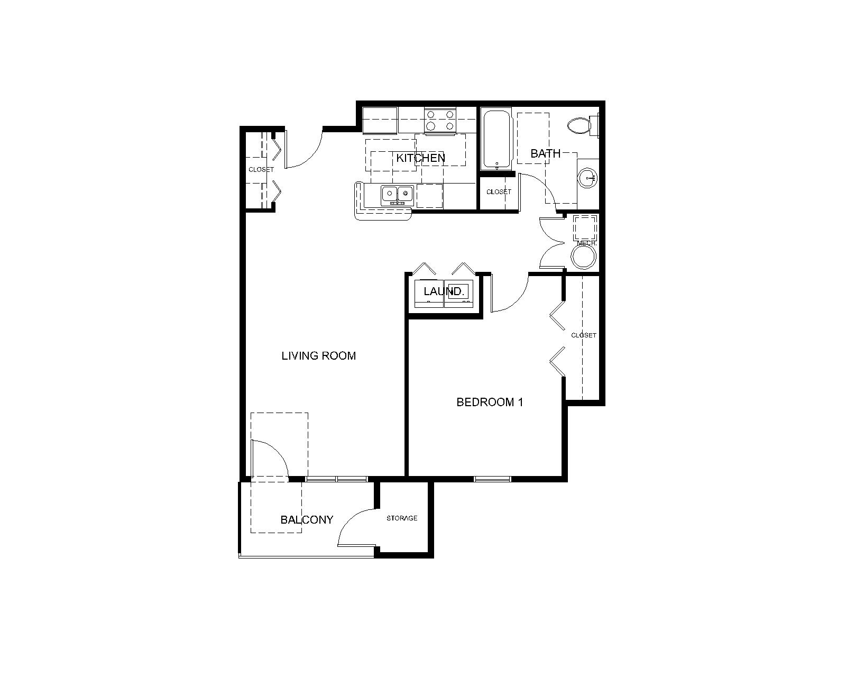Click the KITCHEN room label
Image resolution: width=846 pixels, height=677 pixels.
coord(420,158)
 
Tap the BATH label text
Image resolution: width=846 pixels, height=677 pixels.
coord(545,154)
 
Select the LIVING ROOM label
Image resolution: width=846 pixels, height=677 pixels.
coord(318,356)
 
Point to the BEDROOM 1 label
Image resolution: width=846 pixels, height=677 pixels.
coord(490,402)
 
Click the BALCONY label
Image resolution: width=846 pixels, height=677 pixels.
coord(307,520)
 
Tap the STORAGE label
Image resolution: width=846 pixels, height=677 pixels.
coord(402,518)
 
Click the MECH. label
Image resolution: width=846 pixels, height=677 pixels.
coord(586,243)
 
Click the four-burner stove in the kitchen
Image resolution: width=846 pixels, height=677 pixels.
coord(440,120)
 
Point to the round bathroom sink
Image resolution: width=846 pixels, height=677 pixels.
coord(587,178)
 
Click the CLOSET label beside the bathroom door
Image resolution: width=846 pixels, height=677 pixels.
coord(499,192)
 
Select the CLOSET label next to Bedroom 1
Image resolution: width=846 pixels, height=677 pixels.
coord(584,335)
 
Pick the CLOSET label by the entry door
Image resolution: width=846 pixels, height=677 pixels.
coord(261,170)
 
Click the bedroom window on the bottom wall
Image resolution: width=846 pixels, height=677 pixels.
coord(492,479)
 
